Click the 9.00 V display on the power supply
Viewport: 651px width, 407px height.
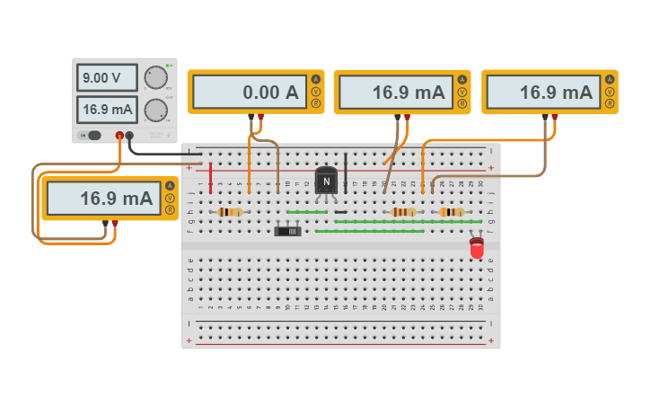pos(107,78)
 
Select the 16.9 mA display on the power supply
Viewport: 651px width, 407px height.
pos(107,111)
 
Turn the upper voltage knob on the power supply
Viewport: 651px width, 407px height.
pos(156,77)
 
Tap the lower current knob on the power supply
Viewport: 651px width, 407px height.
pos(156,111)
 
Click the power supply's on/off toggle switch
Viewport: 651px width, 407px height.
pos(91,136)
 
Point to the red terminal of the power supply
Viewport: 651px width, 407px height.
pos(119,136)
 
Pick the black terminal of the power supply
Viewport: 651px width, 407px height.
pos(130,136)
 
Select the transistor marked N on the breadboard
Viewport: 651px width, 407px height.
pos(326,181)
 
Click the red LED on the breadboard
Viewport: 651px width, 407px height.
pos(477,247)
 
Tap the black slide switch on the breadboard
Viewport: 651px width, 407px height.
pos(287,231)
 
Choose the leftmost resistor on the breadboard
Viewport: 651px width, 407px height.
pos(230,212)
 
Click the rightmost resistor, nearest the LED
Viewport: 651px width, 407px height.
pos(452,212)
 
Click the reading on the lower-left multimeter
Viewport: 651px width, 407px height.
pos(101,199)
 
